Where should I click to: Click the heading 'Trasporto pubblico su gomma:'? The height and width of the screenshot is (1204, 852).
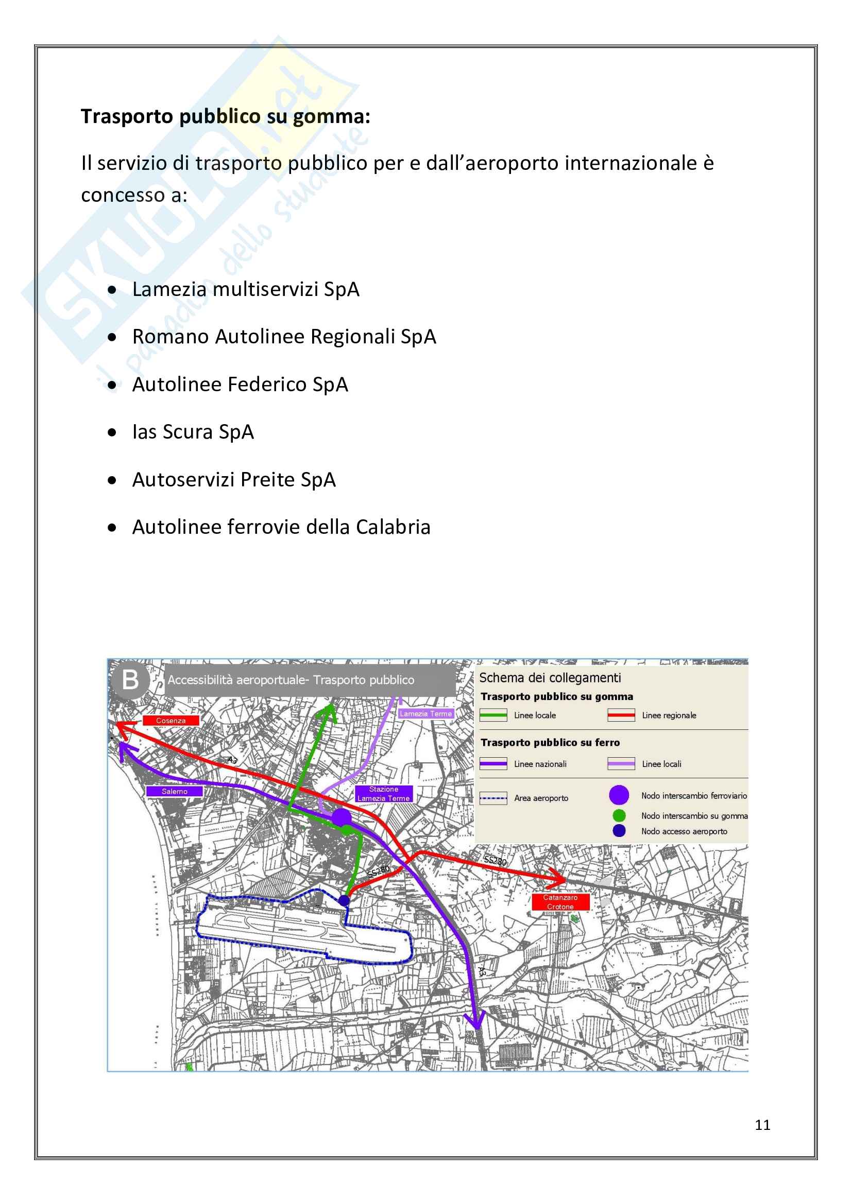click(x=226, y=116)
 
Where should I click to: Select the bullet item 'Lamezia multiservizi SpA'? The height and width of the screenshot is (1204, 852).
click(x=246, y=289)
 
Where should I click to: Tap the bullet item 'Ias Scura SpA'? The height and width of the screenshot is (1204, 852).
click(x=193, y=432)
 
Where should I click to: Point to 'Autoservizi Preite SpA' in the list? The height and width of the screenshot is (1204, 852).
click(x=233, y=480)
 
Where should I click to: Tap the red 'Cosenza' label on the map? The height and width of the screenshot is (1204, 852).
click(x=171, y=721)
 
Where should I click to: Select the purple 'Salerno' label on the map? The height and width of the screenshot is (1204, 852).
click(x=174, y=791)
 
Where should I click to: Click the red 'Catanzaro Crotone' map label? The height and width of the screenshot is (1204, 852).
click(x=560, y=902)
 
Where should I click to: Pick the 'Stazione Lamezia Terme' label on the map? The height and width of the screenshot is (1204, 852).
click(x=384, y=793)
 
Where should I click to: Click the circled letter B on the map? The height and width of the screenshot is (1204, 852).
click(x=131, y=680)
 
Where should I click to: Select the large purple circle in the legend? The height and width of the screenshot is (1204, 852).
click(x=619, y=795)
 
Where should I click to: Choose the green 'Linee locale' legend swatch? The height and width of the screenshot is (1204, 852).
click(x=493, y=716)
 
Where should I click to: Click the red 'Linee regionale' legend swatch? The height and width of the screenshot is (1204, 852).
click(x=621, y=716)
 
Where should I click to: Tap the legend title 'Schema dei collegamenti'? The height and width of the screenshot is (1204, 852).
click(x=550, y=678)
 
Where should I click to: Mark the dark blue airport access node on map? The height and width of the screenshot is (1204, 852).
click(x=344, y=900)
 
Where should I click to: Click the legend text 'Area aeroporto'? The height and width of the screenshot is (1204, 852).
click(x=541, y=798)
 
